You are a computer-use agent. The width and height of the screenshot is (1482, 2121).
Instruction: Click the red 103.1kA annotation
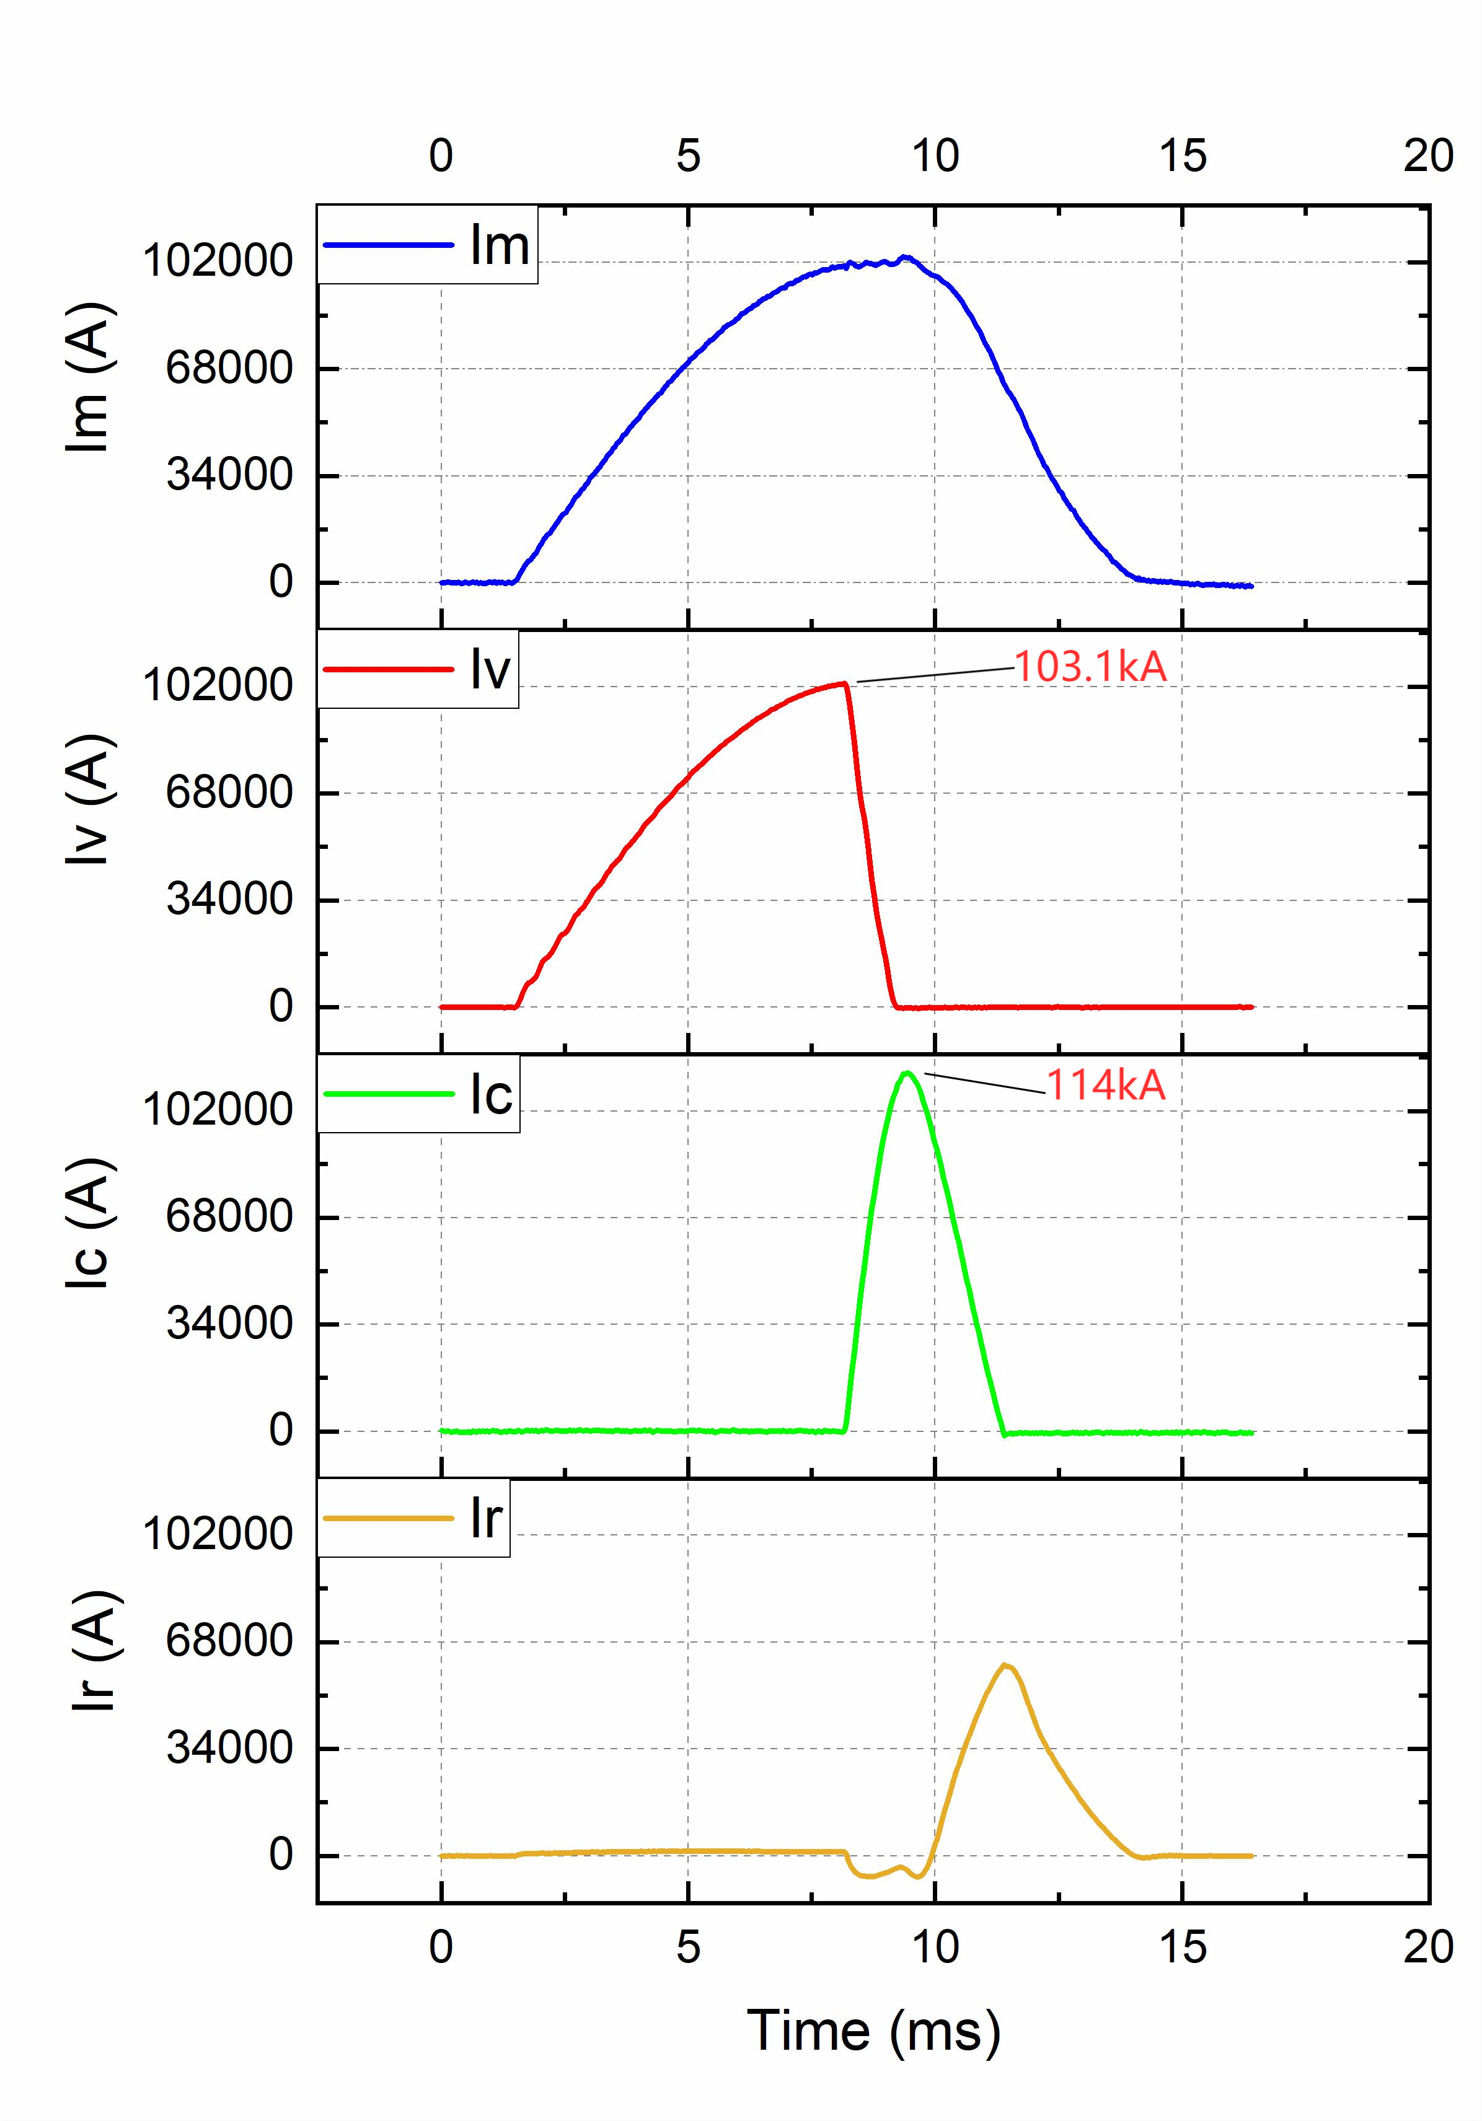(x=1090, y=667)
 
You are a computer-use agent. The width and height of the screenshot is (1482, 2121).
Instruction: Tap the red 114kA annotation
(x=1105, y=1084)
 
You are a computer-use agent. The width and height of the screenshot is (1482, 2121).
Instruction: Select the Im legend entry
(x=427, y=245)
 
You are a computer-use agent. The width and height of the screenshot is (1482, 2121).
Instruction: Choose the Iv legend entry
(x=418, y=669)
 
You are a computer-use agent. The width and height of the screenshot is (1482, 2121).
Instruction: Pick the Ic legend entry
(x=418, y=1094)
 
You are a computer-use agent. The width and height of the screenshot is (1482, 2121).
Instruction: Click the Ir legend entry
(x=414, y=1517)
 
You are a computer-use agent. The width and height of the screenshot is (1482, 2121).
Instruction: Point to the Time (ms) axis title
(x=873, y=2031)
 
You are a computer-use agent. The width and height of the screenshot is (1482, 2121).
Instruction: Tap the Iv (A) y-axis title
(x=90, y=800)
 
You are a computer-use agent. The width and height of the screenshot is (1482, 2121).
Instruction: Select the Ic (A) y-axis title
(x=90, y=1223)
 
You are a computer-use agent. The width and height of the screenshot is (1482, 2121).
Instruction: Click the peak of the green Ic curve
(x=908, y=1073)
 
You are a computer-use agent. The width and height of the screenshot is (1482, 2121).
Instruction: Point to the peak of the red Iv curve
(x=844, y=683)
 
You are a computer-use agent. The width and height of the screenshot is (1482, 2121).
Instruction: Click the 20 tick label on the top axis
(x=1427, y=155)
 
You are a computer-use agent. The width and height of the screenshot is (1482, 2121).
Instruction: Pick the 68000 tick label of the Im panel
(x=228, y=367)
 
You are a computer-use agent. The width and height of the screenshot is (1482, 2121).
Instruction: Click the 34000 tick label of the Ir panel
(x=228, y=1748)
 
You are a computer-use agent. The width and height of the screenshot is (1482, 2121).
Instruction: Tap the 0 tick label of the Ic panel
(x=280, y=1430)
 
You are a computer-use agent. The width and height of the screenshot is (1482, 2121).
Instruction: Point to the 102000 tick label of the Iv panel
(x=217, y=685)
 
